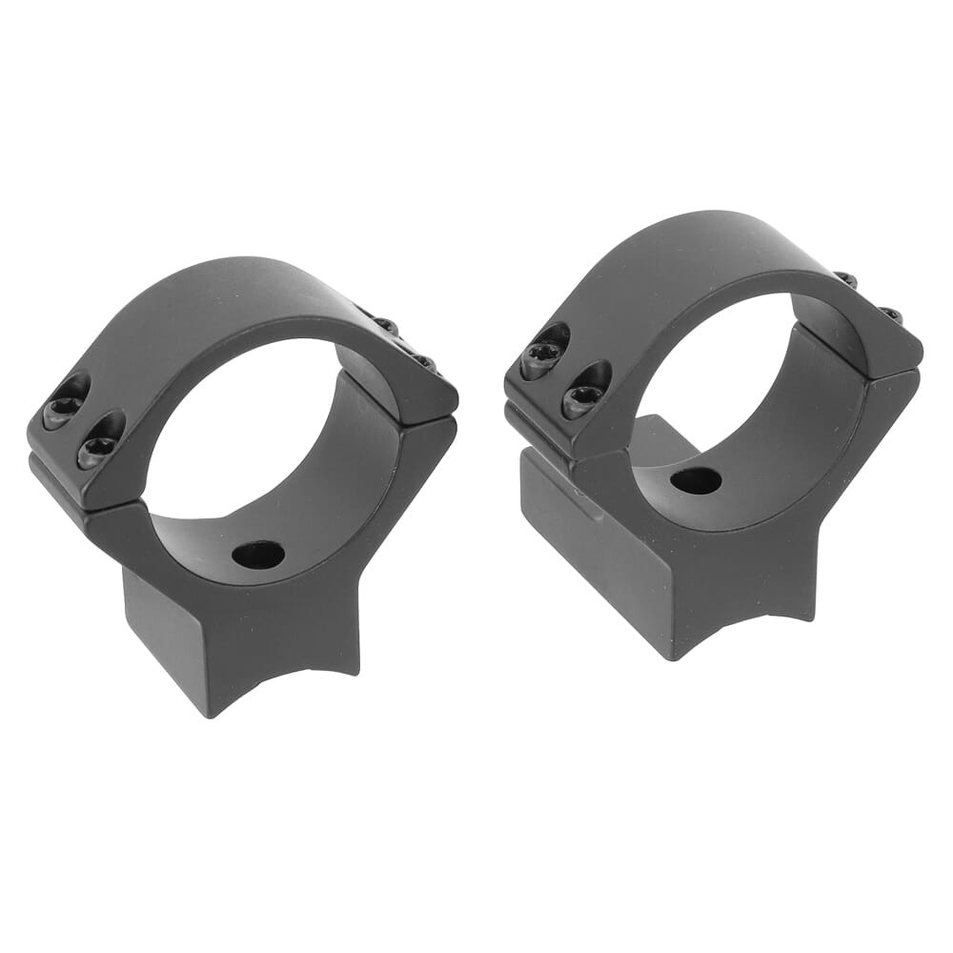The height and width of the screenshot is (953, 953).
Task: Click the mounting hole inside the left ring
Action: (257, 554)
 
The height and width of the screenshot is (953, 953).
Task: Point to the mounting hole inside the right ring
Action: (695, 481)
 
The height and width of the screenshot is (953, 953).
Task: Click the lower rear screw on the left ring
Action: (422, 361)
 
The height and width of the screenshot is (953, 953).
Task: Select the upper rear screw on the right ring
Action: (846, 279)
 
